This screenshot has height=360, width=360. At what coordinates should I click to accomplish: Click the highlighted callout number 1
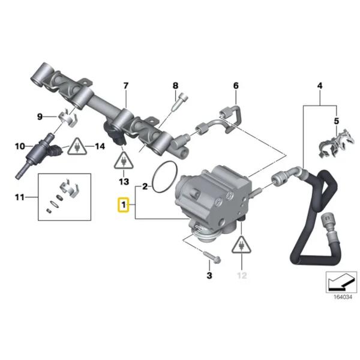coord(123,206)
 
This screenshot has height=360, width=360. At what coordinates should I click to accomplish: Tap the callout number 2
coord(144,188)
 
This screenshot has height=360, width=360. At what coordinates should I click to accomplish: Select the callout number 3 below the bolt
coord(209,275)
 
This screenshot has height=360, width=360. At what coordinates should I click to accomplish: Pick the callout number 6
coord(236,85)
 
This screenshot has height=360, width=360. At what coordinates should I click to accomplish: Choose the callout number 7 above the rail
coord(126,86)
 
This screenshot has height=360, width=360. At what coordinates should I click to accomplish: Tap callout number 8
coord(176,85)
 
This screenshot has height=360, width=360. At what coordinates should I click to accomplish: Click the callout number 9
coord(41,115)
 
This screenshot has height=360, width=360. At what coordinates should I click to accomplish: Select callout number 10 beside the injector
coord(19,146)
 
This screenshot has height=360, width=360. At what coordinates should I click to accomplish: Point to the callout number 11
coord(19,197)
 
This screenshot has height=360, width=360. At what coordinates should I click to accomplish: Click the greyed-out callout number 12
coord(242,275)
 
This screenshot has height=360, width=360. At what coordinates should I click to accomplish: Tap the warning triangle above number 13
coord(124,160)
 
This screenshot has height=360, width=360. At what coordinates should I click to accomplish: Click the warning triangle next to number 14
coord(76,146)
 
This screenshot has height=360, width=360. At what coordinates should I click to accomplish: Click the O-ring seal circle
coord(163,178)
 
